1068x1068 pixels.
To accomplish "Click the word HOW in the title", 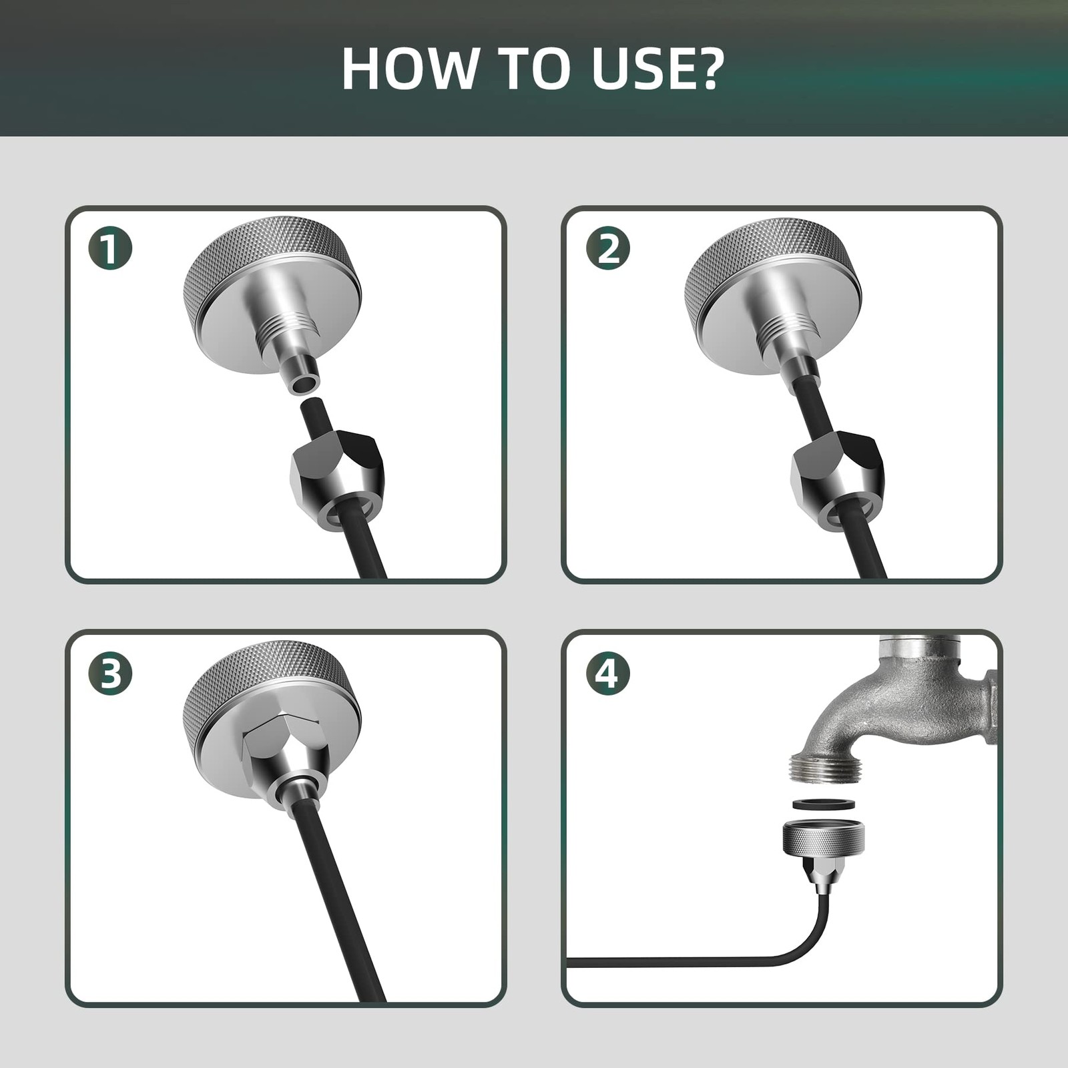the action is (x=410, y=68).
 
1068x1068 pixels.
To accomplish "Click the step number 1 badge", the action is (x=110, y=248).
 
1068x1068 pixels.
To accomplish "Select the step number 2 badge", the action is (x=607, y=248).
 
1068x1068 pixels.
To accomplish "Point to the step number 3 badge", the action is (x=110, y=673).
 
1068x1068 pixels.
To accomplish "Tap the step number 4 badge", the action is (x=607, y=673).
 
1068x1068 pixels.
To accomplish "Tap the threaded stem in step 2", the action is (x=786, y=334).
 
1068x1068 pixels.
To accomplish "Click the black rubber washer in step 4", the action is (x=824, y=803).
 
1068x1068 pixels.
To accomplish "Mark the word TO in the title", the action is (x=534, y=68).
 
